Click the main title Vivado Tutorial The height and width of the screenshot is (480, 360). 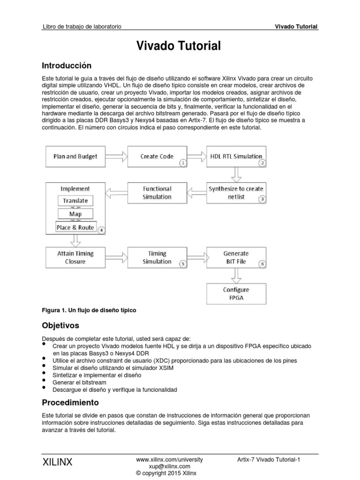pyautogui.click(x=178, y=46)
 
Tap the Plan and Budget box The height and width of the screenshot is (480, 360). pyautogui.click(x=73, y=157)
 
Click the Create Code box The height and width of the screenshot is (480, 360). pyautogui.click(x=157, y=157)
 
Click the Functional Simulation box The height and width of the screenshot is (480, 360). pyautogui.click(x=157, y=193)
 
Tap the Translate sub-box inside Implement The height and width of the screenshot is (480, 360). pyautogui.click(x=75, y=201)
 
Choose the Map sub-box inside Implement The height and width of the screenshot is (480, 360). pyautogui.click(x=75, y=214)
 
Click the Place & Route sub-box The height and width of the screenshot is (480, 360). pyautogui.click(x=75, y=227)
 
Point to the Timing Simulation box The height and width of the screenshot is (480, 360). pyautogui.click(x=157, y=257)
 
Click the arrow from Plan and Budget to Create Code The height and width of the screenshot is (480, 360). pyautogui.click(x=114, y=157)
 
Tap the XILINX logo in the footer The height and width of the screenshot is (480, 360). pyautogui.click(x=58, y=462)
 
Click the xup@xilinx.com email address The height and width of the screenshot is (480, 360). pyautogui.click(x=170, y=466)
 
